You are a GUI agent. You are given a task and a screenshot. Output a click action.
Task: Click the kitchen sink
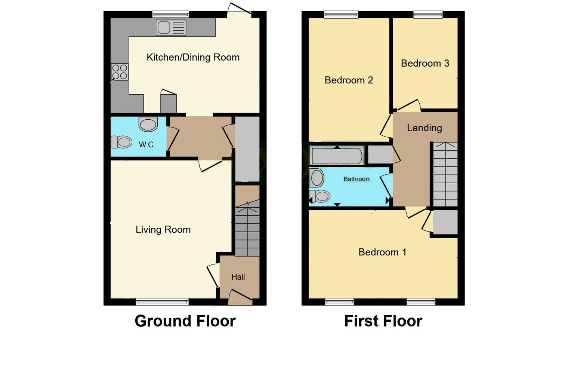171,28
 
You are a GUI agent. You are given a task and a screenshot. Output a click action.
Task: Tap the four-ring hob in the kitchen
120,72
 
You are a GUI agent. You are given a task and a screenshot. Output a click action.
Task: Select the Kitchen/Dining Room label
193,57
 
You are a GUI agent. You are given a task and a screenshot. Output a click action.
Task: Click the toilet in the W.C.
122,142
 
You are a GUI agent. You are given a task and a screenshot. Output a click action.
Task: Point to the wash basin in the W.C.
148,124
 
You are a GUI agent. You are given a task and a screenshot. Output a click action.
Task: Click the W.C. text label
147,145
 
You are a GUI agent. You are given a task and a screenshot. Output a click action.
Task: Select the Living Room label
163,230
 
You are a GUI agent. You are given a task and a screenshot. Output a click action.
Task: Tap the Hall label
238,277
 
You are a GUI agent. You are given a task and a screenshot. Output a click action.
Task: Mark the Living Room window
162,302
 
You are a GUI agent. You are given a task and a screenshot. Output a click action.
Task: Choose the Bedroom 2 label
349,80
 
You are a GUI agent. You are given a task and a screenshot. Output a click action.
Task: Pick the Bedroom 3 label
425,63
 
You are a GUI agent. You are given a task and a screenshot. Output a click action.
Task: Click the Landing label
424,128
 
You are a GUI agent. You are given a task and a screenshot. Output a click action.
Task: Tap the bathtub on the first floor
337,156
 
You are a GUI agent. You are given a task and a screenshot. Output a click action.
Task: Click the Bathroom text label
357,179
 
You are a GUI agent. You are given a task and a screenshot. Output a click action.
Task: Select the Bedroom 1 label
382,252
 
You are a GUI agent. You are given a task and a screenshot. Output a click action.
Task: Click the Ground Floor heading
185,321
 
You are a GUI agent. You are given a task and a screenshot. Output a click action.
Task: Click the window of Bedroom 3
428,15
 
